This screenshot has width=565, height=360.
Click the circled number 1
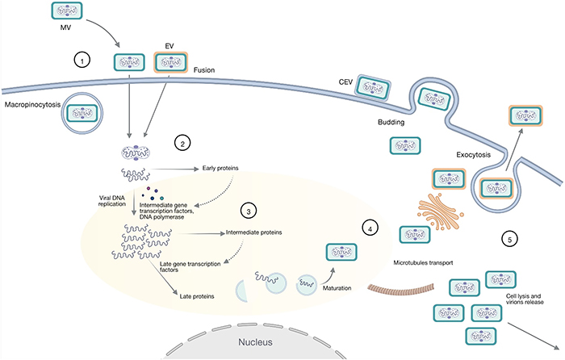tap(82, 61)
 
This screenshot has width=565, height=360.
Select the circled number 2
tap(182, 144)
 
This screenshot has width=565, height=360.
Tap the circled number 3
tap(249, 211)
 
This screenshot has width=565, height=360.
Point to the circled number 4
tap(370, 228)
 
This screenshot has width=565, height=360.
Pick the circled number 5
tap(509, 239)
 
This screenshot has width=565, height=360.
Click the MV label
tap(65, 27)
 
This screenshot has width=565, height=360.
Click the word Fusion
tap(204, 70)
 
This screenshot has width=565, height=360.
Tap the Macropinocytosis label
tap(32, 105)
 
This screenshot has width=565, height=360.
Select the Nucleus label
tap(256, 342)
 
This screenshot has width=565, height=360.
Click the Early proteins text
tap(220, 168)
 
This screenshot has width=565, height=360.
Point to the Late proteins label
tap(197, 296)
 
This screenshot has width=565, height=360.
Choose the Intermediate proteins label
tap(253, 232)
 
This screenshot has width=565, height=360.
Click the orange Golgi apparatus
tap(441, 211)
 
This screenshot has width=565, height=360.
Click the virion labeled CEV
tap(372, 87)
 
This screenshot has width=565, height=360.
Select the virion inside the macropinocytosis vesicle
tap(82, 113)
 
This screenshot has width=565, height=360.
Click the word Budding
tap(391, 122)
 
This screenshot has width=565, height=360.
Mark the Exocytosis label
tap(473, 155)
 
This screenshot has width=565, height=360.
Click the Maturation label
tap(337, 288)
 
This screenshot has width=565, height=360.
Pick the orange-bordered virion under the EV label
tap(171, 62)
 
